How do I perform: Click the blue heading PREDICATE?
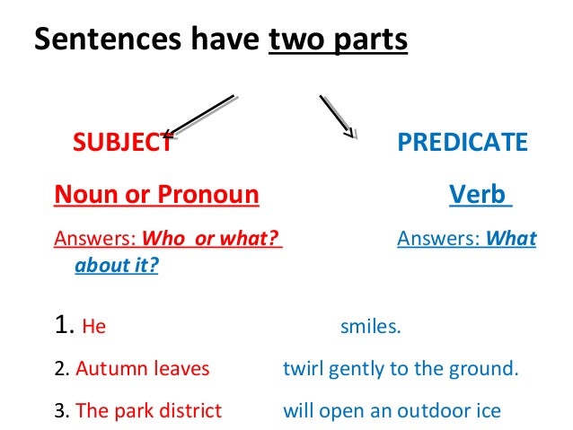(463, 142)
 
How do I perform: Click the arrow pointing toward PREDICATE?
(336, 115)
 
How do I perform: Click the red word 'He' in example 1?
(93, 328)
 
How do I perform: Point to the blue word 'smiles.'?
(370, 328)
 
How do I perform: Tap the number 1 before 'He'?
(62, 326)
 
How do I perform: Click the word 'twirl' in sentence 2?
(301, 369)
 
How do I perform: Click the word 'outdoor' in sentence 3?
(434, 411)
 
